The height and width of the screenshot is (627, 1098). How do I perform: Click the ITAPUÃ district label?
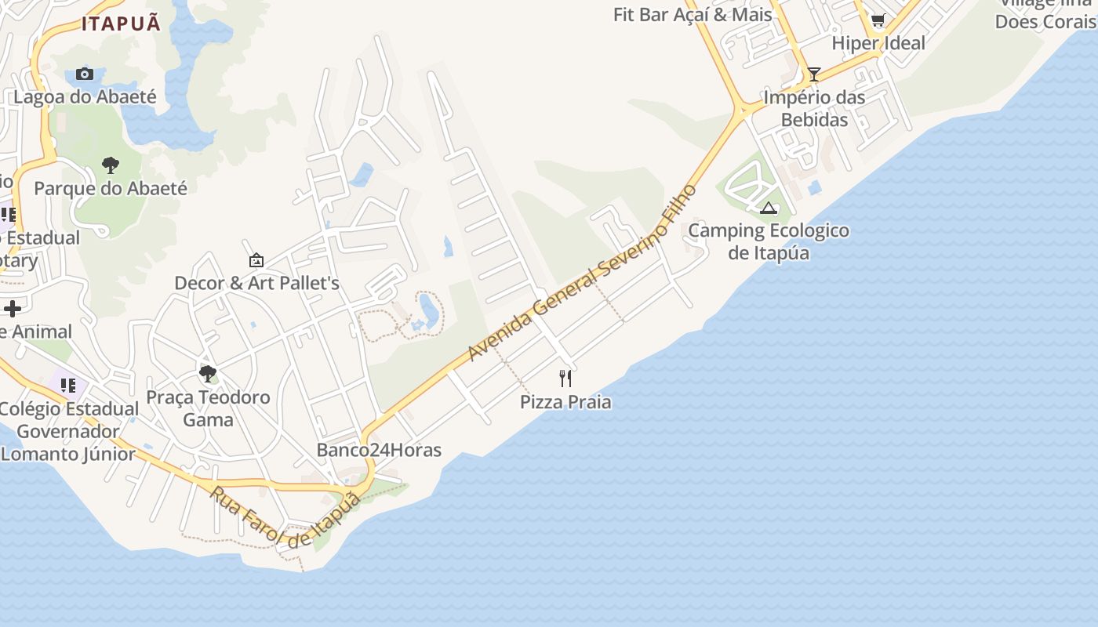pyautogui.click(x=121, y=24)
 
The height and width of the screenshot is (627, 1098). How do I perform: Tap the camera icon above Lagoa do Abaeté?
pyautogui.click(x=85, y=74)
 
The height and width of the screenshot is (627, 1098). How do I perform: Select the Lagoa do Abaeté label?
pyautogui.click(x=85, y=97)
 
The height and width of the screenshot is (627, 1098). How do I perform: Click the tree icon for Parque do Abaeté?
pyautogui.click(x=111, y=165)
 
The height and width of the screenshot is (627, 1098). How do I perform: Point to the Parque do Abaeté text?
pyautogui.click(x=111, y=189)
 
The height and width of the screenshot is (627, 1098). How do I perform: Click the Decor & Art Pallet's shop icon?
pyautogui.click(x=256, y=260)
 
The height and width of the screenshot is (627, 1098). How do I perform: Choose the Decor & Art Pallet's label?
pyautogui.click(x=256, y=283)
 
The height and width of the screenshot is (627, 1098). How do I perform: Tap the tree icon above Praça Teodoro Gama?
pyautogui.click(x=208, y=374)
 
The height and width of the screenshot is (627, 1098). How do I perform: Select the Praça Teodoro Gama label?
pyautogui.click(x=208, y=408)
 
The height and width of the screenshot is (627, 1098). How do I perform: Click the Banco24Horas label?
pyautogui.click(x=379, y=451)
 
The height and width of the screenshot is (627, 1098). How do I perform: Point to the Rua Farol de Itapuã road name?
pyautogui.click(x=285, y=517)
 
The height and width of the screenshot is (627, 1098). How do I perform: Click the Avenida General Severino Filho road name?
pyautogui.click(x=582, y=273)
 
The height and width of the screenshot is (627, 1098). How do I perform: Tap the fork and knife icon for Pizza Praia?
pyautogui.click(x=565, y=379)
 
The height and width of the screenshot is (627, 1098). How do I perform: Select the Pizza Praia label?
pyautogui.click(x=565, y=402)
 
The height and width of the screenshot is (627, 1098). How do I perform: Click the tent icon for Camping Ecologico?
pyautogui.click(x=769, y=208)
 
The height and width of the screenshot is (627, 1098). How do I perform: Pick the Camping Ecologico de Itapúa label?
pyautogui.click(x=769, y=241)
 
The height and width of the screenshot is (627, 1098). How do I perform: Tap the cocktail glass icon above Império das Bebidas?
pyautogui.click(x=814, y=74)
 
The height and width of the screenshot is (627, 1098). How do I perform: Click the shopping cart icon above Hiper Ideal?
pyautogui.click(x=878, y=20)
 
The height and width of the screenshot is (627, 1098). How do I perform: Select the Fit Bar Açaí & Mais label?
pyautogui.click(x=693, y=14)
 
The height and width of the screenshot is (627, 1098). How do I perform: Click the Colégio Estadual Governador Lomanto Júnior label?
pyautogui.click(x=69, y=431)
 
